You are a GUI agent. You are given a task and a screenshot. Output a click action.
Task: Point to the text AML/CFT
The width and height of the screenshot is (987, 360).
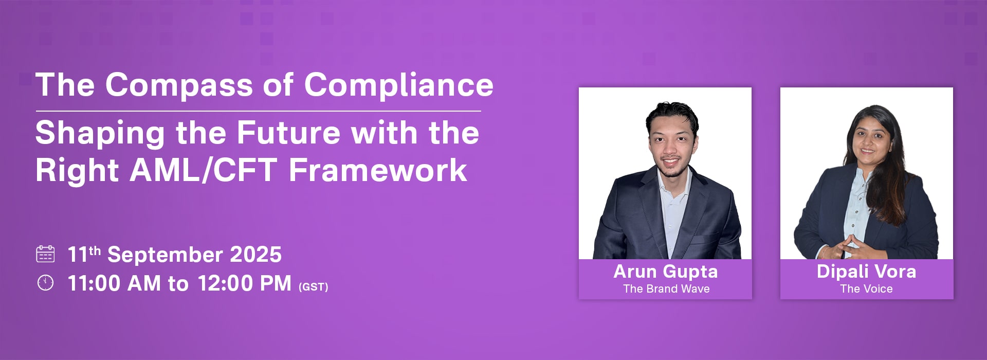coord(204,170)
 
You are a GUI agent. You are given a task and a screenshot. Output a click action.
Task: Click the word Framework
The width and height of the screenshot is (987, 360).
coord(378,170)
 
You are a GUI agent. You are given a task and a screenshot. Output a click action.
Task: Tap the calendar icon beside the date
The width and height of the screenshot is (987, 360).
coord(45,254)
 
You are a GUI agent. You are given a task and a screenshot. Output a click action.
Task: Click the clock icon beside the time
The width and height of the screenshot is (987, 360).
coord(45,283)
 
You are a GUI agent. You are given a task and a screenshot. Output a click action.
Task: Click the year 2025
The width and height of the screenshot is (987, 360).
coord(255,255)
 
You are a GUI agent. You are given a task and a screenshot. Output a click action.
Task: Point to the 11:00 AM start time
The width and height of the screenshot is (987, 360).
coord(114,283)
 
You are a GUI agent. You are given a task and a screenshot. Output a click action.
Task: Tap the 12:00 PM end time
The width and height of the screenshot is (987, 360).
coord(244,283)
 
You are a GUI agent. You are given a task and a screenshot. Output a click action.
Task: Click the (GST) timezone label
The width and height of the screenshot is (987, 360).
coord(313,287)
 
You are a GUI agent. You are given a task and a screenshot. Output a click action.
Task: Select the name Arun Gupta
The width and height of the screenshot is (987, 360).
coord(666,272)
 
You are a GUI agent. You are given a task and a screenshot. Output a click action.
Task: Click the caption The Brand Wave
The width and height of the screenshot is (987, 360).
coord(666,289)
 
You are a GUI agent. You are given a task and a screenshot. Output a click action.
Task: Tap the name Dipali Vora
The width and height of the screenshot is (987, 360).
coord(867,272)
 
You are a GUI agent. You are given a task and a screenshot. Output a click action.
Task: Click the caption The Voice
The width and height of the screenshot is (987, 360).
coord(867,289)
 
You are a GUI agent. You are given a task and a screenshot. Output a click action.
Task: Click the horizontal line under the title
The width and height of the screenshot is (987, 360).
coord(259,111)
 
